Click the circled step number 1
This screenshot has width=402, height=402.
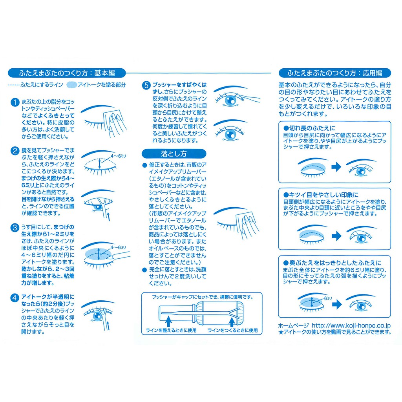[x=15, y=102]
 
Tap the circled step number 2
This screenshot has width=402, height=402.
[x=15, y=150]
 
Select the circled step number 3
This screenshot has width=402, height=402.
[x=15, y=227]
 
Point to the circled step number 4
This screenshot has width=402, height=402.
[x=15, y=298]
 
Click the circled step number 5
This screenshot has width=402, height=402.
[x=146, y=85]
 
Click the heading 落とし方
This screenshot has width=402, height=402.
[x=174, y=153]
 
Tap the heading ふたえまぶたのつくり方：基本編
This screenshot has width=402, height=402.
[x=67, y=73]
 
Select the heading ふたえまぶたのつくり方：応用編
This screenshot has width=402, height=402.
[x=334, y=73]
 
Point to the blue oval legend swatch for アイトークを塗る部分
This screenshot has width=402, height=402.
[x=71, y=85]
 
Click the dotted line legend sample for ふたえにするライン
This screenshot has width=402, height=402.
[x=14, y=85]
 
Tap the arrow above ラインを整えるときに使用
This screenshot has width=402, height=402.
[x=168, y=322]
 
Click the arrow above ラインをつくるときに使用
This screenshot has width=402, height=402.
[x=232, y=322]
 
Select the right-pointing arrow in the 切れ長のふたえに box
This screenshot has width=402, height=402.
[x=336, y=166]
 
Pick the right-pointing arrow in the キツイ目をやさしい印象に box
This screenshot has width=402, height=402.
[x=336, y=236]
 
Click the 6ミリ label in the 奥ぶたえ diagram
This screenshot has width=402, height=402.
[x=328, y=298]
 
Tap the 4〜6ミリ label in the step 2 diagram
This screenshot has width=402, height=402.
[x=118, y=156]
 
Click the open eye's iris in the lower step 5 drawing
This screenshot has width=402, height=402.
[x=230, y=134]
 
